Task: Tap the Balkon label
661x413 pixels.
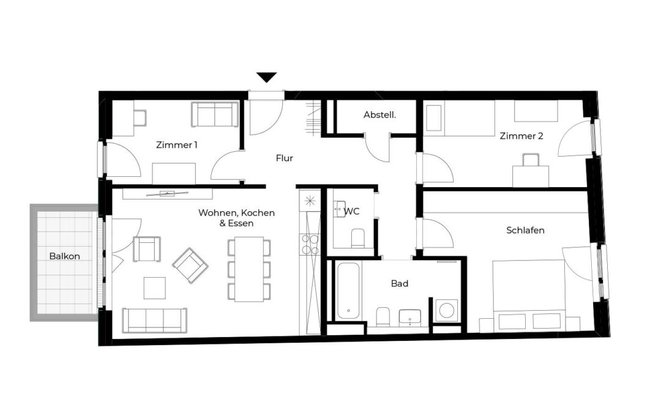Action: [x=64, y=256]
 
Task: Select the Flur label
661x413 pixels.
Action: [x=285, y=158]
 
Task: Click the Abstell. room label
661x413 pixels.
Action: [x=380, y=114]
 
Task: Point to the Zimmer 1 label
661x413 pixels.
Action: [x=177, y=145]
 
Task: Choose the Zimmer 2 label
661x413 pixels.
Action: [x=521, y=136]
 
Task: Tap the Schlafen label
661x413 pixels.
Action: [x=525, y=230]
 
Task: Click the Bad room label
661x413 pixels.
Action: [x=400, y=284]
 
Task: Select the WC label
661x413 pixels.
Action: [x=352, y=211]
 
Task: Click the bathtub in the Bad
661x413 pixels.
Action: [x=348, y=291]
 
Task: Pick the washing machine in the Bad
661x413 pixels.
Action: [x=446, y=310]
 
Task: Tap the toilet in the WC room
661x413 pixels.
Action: [x=358, y=237]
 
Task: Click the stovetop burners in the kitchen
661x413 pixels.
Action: [x=310, y=244]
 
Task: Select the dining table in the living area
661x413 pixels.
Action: [x=249, y=269]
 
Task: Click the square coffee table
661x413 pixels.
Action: [x=155, y=288]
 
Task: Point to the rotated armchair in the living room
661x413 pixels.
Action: [x=190, y=265]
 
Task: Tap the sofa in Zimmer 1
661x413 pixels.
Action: [x=215, y=114]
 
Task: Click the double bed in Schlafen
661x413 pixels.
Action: [x=529, y=295]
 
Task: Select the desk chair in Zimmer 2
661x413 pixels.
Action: [x=531, y=160]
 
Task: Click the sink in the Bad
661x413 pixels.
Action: [x=409, y=318]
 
